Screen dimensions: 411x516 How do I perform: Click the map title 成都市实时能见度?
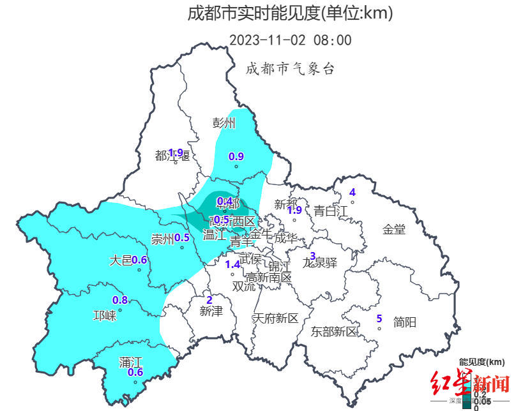[x=290, y=13]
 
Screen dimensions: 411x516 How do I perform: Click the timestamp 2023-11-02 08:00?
[x=290, y=40]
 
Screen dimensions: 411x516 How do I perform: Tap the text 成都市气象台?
[x=290, y=69]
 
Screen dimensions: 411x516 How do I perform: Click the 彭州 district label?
[x=224, y=123]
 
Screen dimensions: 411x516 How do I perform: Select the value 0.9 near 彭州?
[x=236, y=156]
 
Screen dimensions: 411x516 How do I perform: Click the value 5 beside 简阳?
[x=379, y=318]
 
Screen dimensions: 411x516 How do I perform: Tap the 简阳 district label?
[x=405, y=322]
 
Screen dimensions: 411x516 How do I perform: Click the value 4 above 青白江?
[x=352, y=193]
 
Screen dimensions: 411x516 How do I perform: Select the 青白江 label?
[x=331, y=211]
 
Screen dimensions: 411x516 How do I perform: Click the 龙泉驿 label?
[x=319, y=262]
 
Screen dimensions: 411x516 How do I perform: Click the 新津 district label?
[x=211, y=311]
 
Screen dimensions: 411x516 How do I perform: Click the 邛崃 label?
[x=105, y=315]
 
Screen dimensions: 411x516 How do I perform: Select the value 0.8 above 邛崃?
[x=120, y=301]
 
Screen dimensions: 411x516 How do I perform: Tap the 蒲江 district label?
[x=131, y=362]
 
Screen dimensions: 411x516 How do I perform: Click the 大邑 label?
[x=120, y=260]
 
